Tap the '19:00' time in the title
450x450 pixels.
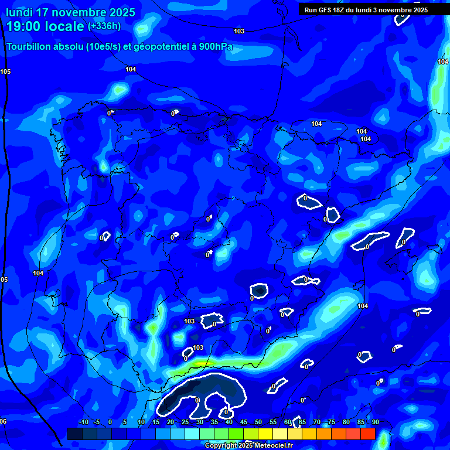point(26,26)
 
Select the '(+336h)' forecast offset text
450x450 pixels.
point(104,26)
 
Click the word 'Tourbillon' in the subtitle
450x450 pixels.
point(30,46)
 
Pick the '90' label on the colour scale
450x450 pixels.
point(375,422)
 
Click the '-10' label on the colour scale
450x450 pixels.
point(83,422)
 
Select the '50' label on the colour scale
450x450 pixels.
point(258,422)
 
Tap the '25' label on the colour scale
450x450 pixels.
point(185,422)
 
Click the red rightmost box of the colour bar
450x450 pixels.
point(367,434)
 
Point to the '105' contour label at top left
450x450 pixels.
point(5,71)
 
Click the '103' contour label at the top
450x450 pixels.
point(239,31)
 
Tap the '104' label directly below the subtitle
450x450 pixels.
point(131,69)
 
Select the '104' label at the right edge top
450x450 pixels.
point(443,62)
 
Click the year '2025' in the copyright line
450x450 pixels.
point(230,446)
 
